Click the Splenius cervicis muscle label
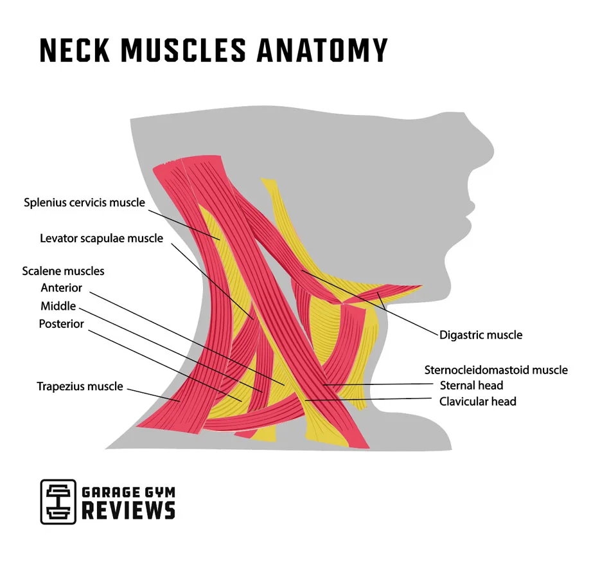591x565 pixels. (x=84, y=202)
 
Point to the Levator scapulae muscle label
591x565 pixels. (x=101, y=238)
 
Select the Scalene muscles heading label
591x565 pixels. (x=63, y=271)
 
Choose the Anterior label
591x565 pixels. (x=62, y=288)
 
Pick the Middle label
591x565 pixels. (x=58, y=306)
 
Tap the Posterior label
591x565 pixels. (x=62, y=324)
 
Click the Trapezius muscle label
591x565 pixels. (x=80, y=387)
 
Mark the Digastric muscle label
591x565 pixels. (x=481, y=335)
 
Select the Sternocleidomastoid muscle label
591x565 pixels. (x=496, y=370)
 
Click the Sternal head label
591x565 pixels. (x=472, y=386)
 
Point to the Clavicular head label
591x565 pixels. (x=477, y=402)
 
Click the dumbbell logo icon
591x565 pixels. (x=58, y=501)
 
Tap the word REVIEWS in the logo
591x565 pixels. (x=128, y=510)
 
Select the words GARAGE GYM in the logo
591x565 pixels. (x=128, y=493)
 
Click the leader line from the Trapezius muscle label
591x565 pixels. (x=154, y=394)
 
